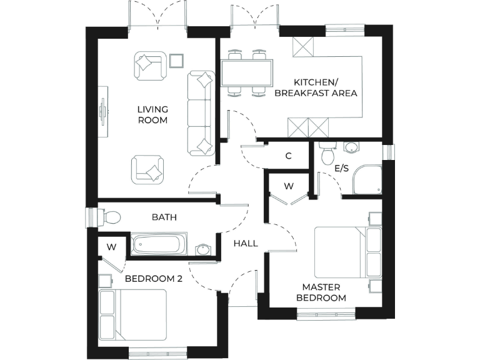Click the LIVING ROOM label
click(152, 114)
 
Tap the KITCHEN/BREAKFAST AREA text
click(326, 88)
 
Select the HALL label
click(246, 243)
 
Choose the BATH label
click(164, 217)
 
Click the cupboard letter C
click(288, 156)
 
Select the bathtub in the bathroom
click(159, 244)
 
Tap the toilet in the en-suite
click(326, 154)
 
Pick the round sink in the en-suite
click(351, 147)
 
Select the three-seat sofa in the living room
click(202, 112)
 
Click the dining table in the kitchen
click(246, 73)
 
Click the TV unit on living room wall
click(104, 112)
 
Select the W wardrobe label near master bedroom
click(288, 186)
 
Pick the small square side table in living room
click(177, 60)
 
